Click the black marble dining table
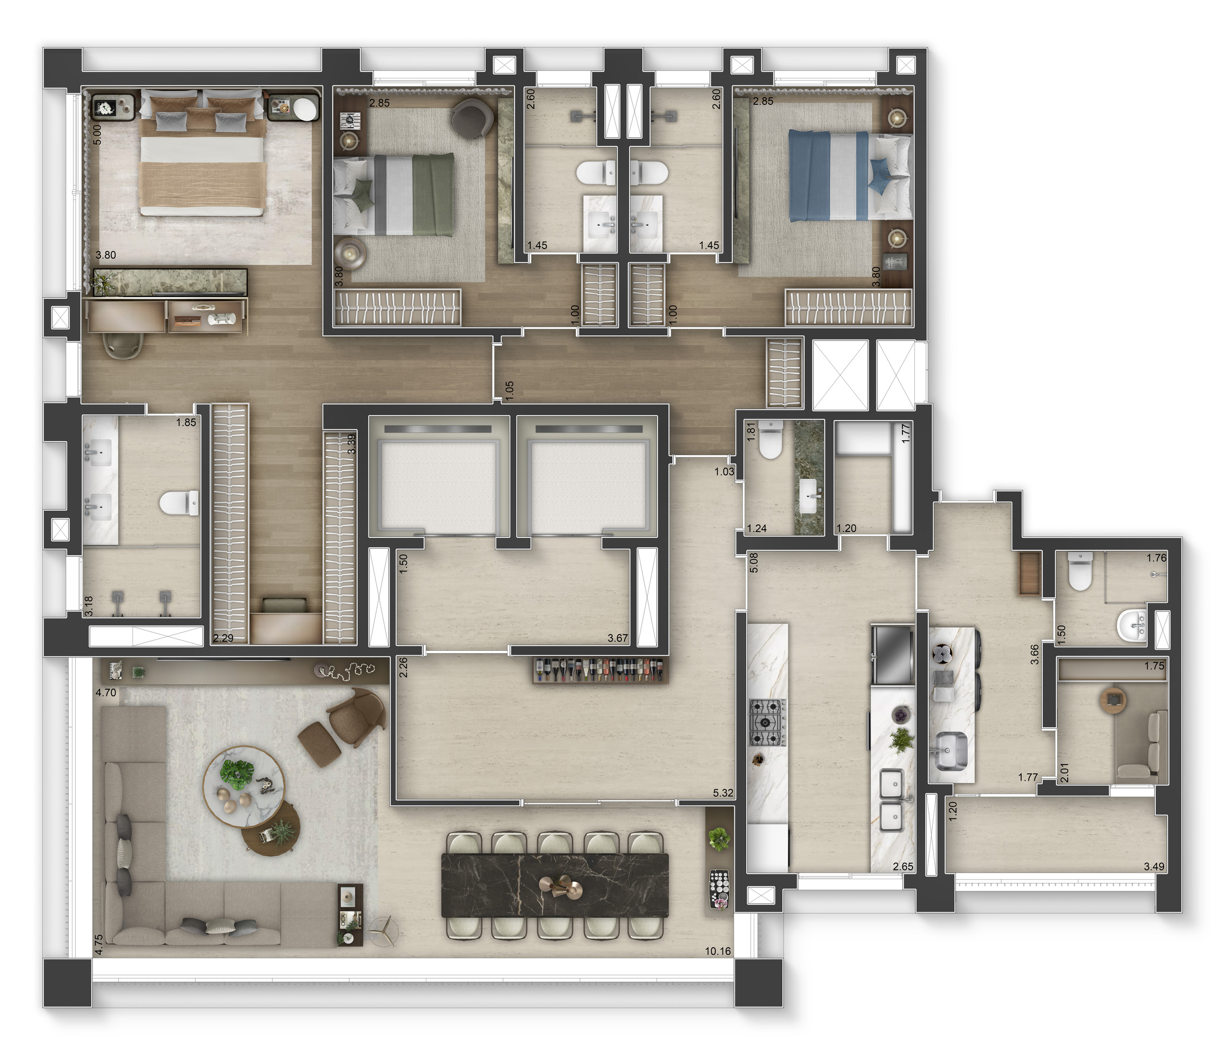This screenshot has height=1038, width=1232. click(x=554, y=885)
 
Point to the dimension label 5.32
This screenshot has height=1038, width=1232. click(x=723, y=793)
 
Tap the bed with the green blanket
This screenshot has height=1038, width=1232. click(x=394, y=194)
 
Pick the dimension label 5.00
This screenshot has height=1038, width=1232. click(x=98, y=134)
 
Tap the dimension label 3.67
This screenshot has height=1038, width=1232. click(x=618, y=638)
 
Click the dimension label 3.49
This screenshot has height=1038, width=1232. click(x=1154, y=866)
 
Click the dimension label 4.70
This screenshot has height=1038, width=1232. click(x=106, y=693)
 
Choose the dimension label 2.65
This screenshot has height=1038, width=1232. click(x=903, y=866)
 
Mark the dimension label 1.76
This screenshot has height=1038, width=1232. click(x=1156, y=557)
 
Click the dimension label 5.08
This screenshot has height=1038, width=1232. click(x=754, y=563)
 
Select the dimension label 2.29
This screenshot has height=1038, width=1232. click(x=224, y=638)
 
